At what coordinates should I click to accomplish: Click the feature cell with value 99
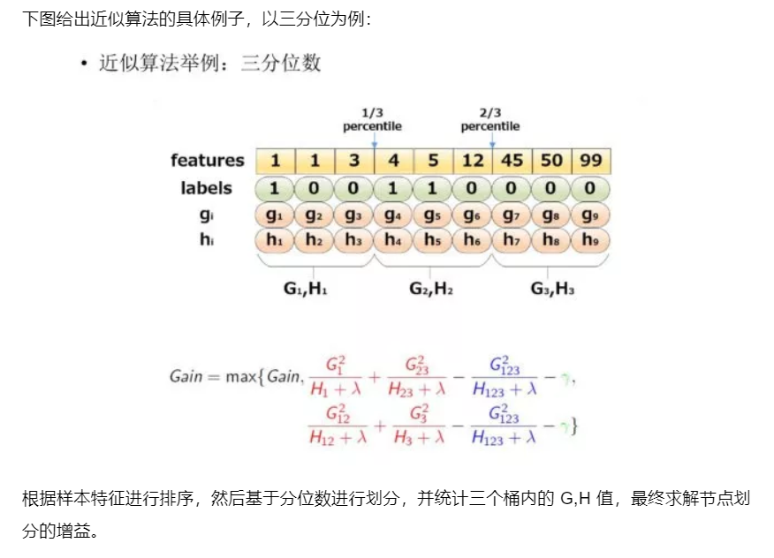pyautogui.click(x=592, y=161)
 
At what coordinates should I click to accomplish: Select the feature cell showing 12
pyautogui.click(x=472, y=161)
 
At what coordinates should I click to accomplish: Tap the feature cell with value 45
pyautogui.click(x=512, y=161)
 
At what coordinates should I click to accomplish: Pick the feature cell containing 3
pyautogui.click(x=353, y=161)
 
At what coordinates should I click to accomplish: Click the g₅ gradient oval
pyautogui.click(x=432, y=215)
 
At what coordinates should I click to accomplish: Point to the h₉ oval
pyautogui.click(x=590, y=240)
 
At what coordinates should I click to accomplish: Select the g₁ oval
pyautogui.click(x=274, y=215)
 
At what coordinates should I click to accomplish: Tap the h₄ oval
pyautogui.click(x=392, y=240)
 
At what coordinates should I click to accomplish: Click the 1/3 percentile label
pyautogui.click(x=372, y=119)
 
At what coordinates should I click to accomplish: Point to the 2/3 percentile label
pyautogui.click(x=490, y=119)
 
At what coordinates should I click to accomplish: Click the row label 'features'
pyautogui.click(x=208, y=161)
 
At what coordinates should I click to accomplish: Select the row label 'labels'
pyautogui.click(x=207, y=188)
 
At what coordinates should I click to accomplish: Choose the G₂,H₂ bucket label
pyautogui.click(x=430, y=288)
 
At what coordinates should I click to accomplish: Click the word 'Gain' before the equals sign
pyautogui.click(x=186, y=376)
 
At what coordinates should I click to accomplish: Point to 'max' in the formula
pyautogui.click(x=239, y=377)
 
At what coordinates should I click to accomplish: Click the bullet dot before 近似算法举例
pyautogui.click(x=85, y=64)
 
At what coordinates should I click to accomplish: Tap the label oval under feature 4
pyautogui.click(x=392, y=188)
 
